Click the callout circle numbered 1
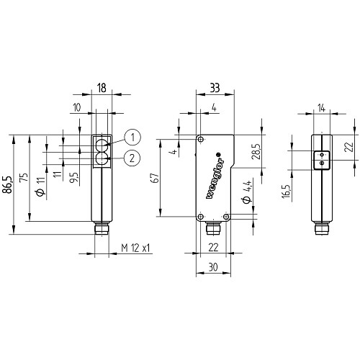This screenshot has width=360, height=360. (132, 138)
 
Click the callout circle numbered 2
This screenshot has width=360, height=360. (132, 158)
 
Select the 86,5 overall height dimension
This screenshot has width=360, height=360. (7, 184)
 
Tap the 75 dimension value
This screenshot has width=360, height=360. (24, 177)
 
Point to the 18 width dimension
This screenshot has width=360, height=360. (102, 88)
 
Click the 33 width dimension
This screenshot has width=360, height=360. (215, 88)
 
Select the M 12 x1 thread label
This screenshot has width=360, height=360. (135, 248)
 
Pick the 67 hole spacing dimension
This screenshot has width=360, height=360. (156, 178)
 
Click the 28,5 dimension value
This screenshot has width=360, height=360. (256, 152)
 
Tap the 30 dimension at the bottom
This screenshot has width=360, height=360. (213, 267)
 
